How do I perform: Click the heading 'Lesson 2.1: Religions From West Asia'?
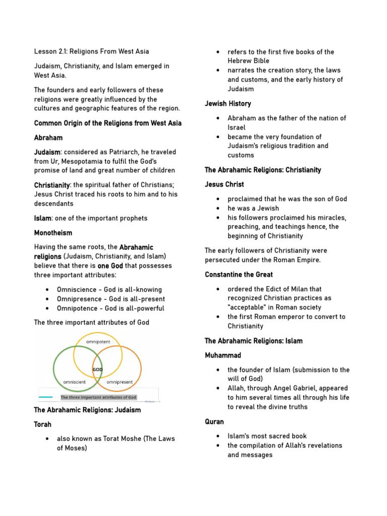click(91, 51)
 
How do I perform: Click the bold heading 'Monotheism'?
click(53, 233)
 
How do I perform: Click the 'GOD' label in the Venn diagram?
click(97, 369)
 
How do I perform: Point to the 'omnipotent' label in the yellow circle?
click(98, 342)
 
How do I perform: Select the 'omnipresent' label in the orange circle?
click(119, 382)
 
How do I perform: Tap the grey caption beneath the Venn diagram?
click(99, 397)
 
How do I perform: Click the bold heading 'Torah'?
click(43, 424)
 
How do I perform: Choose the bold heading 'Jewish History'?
click(228, 103)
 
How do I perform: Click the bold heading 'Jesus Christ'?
click(224, 184)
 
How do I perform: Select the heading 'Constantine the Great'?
click(239, 275)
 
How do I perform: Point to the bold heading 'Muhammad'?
click(223, 355)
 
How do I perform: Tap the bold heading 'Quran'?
click(215, 421)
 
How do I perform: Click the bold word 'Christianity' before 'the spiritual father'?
click(51, 185)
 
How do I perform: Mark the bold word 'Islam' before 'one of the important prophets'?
click(42, 218)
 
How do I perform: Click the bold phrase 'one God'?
click(110, 266)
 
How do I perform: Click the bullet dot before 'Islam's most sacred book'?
click(218, 436)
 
